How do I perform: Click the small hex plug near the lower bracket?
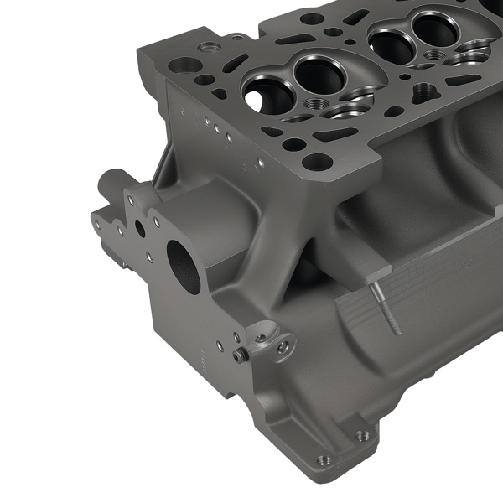240,355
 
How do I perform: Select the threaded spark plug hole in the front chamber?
318,105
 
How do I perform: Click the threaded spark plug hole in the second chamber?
435,54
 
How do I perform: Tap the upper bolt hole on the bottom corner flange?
362,435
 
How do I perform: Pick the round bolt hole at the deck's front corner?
317,161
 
